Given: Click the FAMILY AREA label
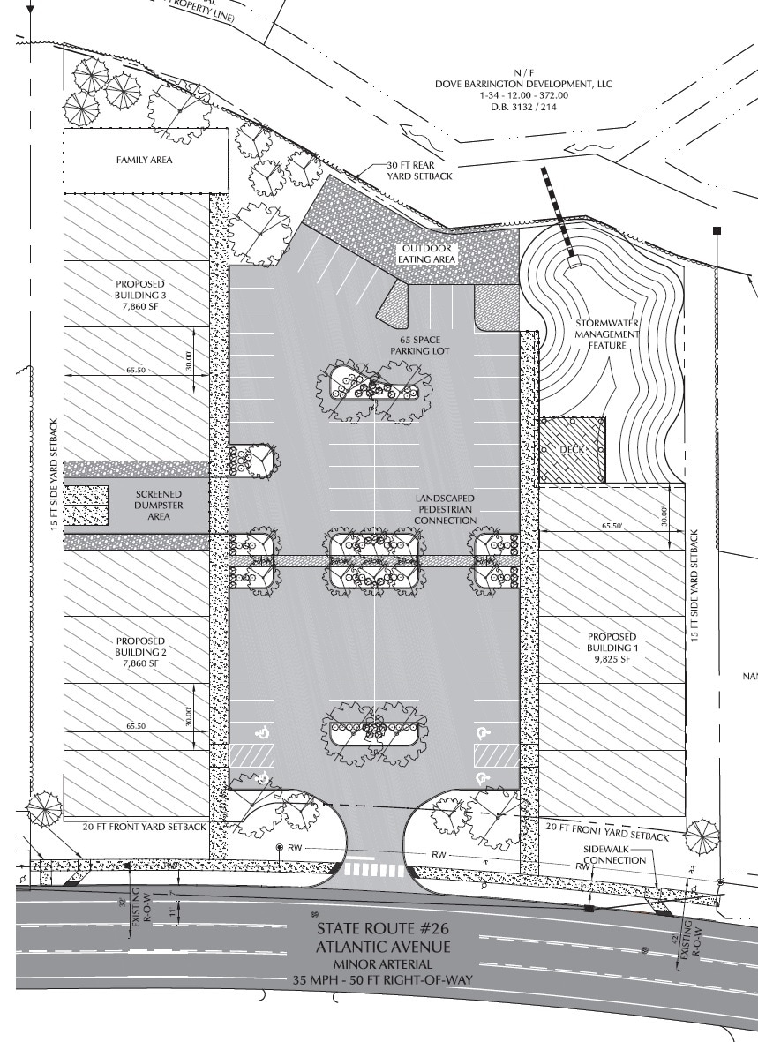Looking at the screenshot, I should pos(144,161).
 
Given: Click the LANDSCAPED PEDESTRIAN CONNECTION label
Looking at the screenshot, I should pos(446,510).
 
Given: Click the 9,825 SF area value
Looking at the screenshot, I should pos(612,659).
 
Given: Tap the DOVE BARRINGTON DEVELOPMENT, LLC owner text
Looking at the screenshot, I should pos(524,84).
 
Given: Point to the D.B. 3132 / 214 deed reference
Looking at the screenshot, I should pos(524,107).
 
